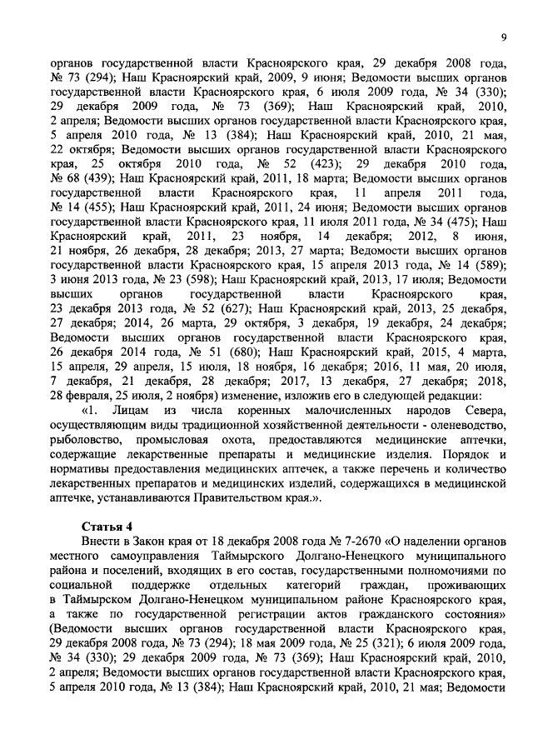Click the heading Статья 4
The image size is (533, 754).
pyautogui.click(x=107, y=527)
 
